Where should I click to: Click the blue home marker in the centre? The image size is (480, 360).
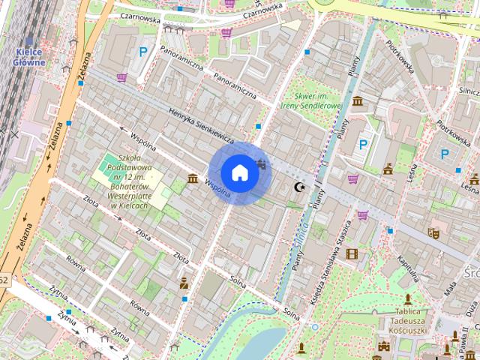point(239,172)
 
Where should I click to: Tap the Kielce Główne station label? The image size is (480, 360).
point(29,57)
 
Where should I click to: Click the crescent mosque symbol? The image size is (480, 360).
point(300,186)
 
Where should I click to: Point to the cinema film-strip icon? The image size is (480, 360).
point(352,253)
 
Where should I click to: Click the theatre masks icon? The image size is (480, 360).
point(433,233)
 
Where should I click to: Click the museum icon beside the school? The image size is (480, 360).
point(193,178)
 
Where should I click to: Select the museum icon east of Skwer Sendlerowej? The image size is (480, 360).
point(358,100)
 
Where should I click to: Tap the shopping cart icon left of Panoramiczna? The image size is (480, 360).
point(121,77)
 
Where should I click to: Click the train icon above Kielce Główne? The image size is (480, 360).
point(29,42)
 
